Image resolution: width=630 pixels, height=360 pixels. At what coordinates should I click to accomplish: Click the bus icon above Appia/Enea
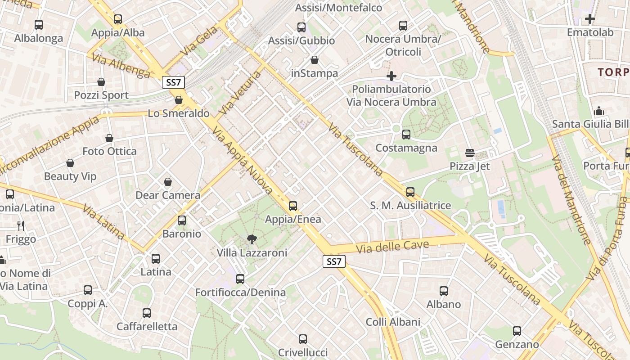(x=293, y=206)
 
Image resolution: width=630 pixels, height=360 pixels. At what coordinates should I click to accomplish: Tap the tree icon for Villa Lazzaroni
(x=252, y=239)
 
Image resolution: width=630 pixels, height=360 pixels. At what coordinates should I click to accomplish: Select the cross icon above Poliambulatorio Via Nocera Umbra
(x=391, y=76)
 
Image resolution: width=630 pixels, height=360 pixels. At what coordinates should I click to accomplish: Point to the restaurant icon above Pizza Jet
(x=470, y=153)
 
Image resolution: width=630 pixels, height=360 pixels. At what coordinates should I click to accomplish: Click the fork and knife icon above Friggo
(x=21, y=226)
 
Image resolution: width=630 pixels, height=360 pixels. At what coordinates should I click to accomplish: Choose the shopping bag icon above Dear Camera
(x=168, y=182)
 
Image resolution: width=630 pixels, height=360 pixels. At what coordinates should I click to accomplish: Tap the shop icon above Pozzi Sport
(x=101, y=82)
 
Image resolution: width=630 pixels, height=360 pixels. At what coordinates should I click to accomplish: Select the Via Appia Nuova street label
(x=243, y=160)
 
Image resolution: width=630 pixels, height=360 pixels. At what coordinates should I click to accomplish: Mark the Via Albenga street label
(x=121, y=66)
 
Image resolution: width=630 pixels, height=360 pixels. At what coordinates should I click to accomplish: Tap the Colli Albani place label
(x=393, y=322)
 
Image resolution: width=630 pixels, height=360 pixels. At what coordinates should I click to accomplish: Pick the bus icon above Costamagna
(x=406, y=134)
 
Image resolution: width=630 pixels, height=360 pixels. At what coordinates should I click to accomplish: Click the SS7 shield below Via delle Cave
(x=334, y=261)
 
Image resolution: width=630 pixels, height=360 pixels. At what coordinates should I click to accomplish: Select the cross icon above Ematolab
(x=590, y=19)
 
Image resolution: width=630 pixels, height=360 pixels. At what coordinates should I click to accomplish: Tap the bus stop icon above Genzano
(x=517, y=331)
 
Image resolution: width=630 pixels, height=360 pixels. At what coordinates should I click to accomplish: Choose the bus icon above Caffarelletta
(x=147, y=313)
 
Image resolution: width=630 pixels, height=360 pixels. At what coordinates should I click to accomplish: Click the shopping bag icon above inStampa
(x=315, y=60)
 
